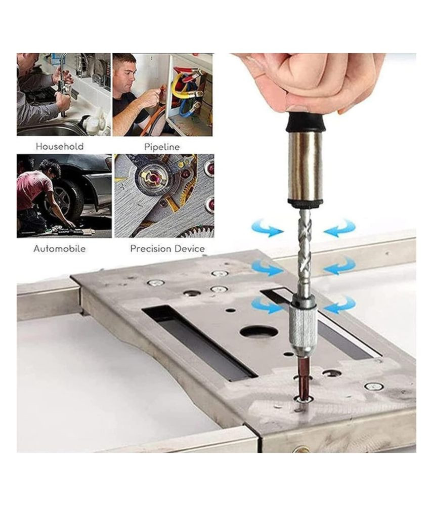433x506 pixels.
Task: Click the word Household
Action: click(59, 147)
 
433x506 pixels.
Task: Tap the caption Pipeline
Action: click(162, 147)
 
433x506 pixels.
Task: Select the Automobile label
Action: click(60, 249)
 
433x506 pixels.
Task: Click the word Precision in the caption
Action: click(151, 249)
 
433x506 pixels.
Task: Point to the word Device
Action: click(190, 249)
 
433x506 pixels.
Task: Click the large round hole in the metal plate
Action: click(259, 332)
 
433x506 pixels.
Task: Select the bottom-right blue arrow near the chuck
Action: click(340, 305)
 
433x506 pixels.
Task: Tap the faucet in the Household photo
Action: click(65, 82)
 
